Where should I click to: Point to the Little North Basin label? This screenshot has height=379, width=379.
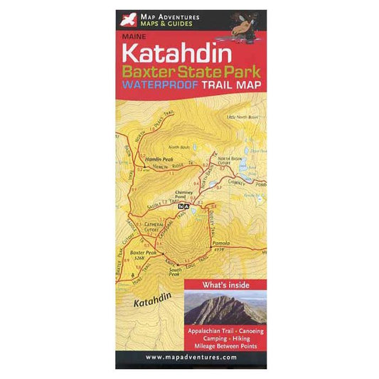point(240,116)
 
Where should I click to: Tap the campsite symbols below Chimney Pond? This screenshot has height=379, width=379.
point(185,206)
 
